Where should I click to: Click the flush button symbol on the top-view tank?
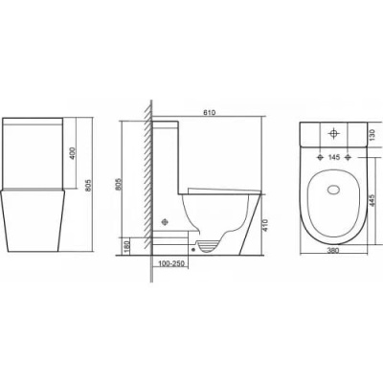click(x=334, y=134)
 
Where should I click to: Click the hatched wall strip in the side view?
click(x=146, y=182)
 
